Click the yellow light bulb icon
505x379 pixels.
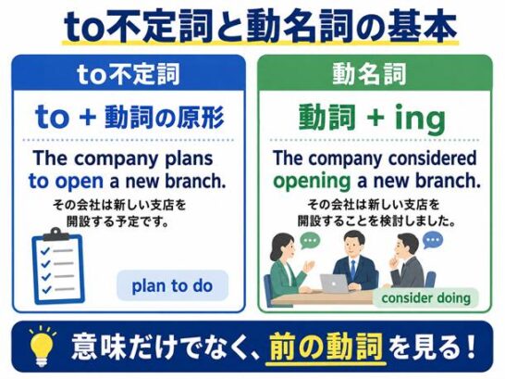(x=42, y=347)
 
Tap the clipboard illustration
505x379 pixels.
(x=58, y=266)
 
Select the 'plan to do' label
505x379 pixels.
(x=172, y=285)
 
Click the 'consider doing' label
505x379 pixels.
(x=425, y=298)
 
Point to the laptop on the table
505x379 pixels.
(x=335, y=283)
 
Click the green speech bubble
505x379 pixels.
(x=310, y=241)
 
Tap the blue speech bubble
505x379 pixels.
(x=433, y=240)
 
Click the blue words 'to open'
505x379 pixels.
(x=66, y=182)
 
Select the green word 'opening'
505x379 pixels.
(x=312, y=182)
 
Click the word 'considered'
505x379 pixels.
(x=432, y=158)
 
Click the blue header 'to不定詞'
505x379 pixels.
(x=129, y=74)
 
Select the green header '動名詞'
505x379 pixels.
(x=369, y=74)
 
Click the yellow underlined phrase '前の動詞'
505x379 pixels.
(x=326, y=347)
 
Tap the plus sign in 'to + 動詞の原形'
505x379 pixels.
(x=88, y=118)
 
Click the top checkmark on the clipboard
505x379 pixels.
(x=45, y=250)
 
